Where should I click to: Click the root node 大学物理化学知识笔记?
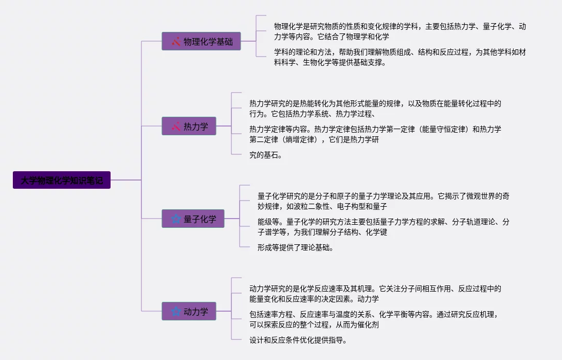[x=62, y=180]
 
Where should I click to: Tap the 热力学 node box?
[x=189, y=126]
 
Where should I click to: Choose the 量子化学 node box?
[x=193, y=219]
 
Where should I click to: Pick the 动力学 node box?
[x=189, y=311]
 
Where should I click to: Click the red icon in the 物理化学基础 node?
[x=176, y=41]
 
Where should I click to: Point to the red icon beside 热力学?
[x=176, y=126]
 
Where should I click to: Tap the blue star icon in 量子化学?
[x=176, y=219]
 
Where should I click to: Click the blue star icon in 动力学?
[x=176, y=311]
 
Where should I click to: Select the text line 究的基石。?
[x=266, y=155]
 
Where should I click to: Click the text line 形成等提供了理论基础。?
[x=296, y=247]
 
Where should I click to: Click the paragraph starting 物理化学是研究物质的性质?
[x=400, y=31]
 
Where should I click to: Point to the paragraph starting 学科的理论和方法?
[x=400, y=57]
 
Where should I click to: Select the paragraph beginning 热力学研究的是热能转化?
[x=375, y=109]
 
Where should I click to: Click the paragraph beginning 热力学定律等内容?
[x=375, y=134]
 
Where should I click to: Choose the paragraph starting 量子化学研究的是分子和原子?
[x=384, y=201]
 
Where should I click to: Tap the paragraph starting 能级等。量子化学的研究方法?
[x=384, y=227]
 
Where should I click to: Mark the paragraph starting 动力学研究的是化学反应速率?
[x=375, y=294]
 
